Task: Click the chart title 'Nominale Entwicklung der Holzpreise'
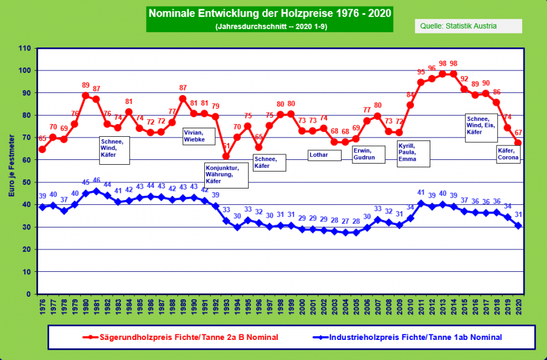(x=269, y=13)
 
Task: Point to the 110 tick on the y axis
(x=25, y=48)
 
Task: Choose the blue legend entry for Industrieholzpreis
(x=415, y=336)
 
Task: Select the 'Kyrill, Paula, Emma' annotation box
(x=413, y=153)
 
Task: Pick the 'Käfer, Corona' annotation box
(x=508, y=154)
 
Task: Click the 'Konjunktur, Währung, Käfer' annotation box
(x=225, y=175)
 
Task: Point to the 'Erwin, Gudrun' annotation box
(x=368, y=154)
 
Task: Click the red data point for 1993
(x=226, y=156)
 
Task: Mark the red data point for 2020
(x=518, y=144)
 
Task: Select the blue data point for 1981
(x=96, y=191)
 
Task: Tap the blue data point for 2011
(x=421, y=202)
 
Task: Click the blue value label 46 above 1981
(x=96, y=181)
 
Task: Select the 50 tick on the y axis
(x=27, y=182)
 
